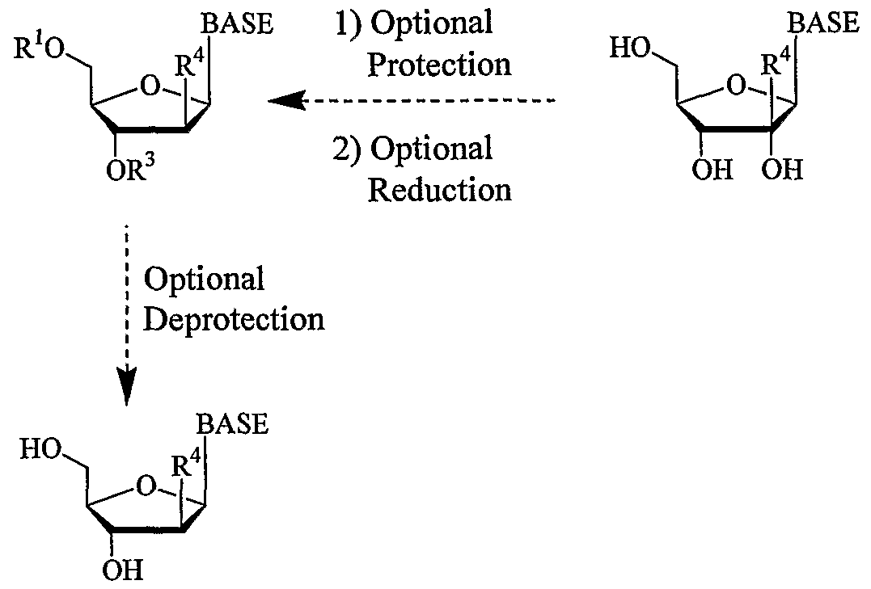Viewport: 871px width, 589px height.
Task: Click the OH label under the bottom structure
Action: click(x=122, y=570)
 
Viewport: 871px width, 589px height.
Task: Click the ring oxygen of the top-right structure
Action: click(x=735, y=83)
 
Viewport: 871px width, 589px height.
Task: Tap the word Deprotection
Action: click(x=234, y=319)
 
